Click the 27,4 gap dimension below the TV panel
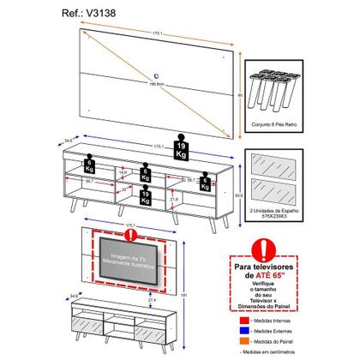[x=129, y=302]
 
